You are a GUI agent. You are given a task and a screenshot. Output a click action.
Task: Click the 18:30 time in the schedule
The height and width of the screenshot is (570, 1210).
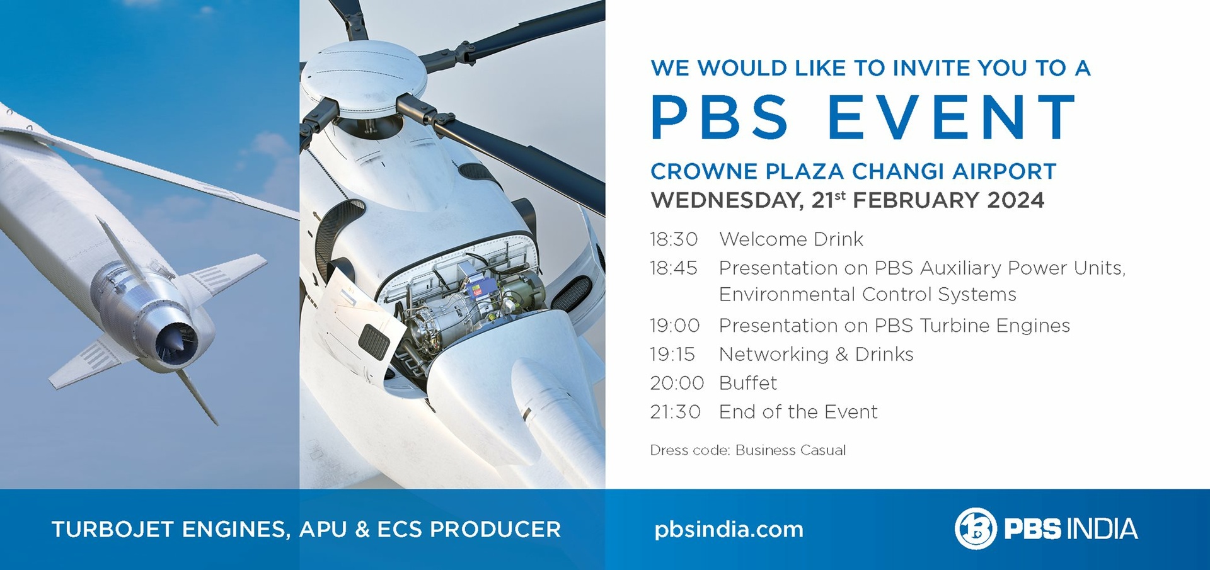coord(674,239)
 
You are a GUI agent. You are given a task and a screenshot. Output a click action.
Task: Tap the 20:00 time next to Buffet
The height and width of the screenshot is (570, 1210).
coord(677,383)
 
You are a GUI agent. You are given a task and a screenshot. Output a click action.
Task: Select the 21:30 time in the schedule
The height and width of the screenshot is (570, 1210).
coord(675,412)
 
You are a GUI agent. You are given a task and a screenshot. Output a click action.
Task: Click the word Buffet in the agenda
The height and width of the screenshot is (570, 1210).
coord(748,383)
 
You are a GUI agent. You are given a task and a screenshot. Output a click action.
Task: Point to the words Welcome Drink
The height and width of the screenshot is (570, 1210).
coord(791,239)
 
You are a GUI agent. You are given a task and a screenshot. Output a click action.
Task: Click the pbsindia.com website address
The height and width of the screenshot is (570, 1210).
coord(729,530)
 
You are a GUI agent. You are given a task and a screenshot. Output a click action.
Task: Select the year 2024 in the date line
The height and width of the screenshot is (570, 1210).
coord(1016,200)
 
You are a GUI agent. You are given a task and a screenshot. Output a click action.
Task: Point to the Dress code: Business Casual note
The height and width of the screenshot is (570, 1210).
coord(748,450)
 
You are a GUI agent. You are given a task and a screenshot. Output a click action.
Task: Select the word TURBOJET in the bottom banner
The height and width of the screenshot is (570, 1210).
coord(112,529)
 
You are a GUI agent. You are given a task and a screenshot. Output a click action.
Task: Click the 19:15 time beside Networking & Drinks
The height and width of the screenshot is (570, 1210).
coord(672,355)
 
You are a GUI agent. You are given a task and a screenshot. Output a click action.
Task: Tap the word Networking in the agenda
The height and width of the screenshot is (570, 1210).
coord(774,355)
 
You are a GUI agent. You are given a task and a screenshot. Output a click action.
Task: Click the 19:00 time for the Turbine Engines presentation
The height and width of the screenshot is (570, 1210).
coord(675,326)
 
